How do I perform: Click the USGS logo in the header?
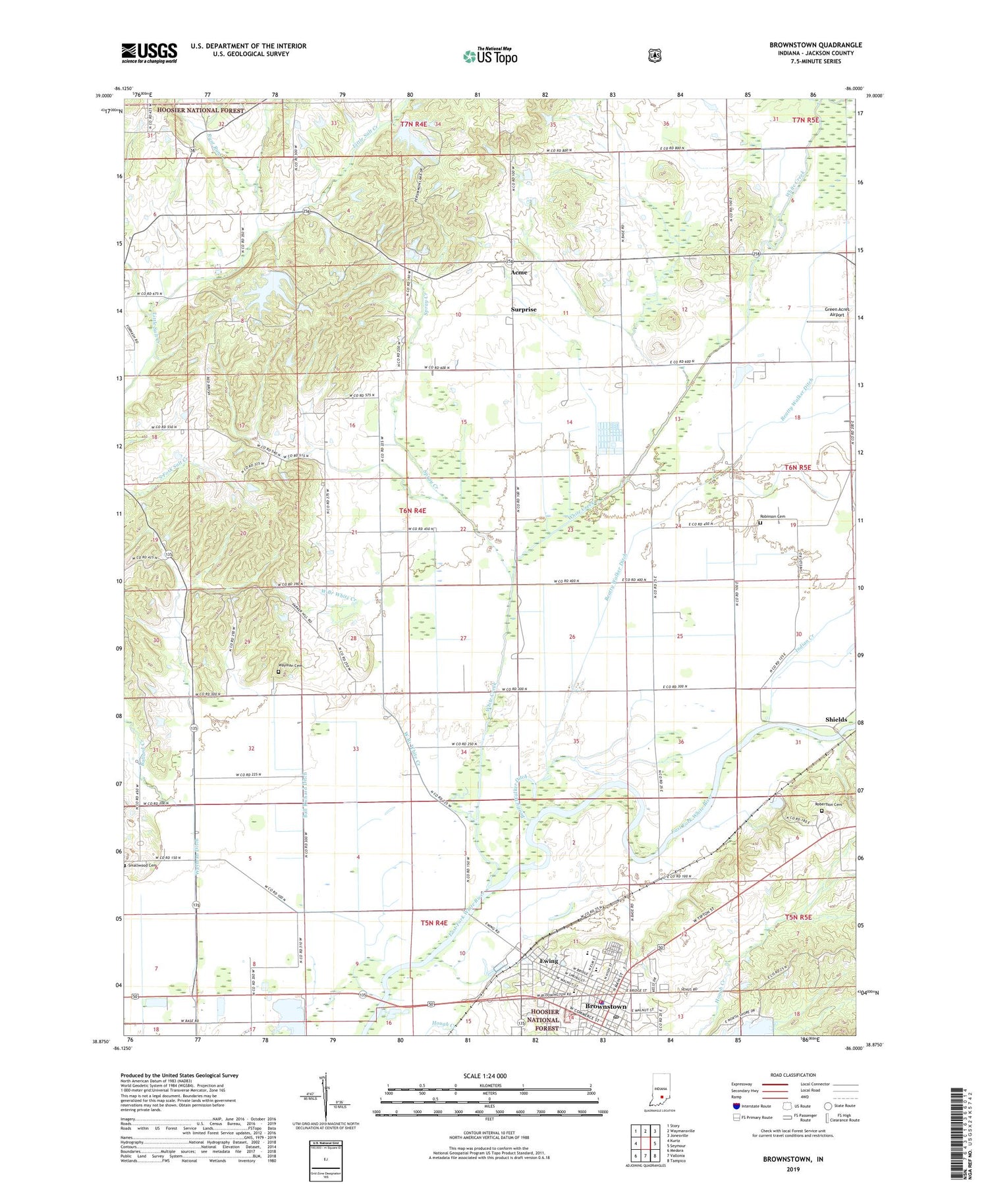[x=149, y=53]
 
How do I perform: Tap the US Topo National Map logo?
[x=490, y=55]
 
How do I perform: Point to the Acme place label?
[x=520, y=272]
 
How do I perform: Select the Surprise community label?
[x=524, y=309]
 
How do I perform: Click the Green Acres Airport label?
[x=837, y=312]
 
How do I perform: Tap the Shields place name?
[x=836, y=719]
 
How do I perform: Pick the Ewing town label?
[x=549, y=961]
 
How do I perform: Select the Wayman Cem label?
[x=290, y=666]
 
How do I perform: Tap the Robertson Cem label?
[x=835, y=805]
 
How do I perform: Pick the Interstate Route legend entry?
[x=751, y=1106]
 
